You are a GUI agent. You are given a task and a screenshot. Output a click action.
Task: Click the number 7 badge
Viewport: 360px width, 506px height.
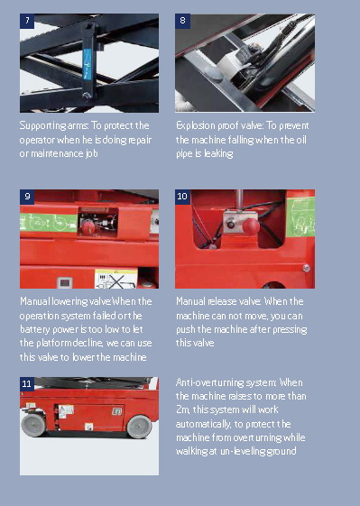click(26, 20)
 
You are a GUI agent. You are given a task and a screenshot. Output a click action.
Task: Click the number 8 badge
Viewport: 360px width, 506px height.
click(182, 20)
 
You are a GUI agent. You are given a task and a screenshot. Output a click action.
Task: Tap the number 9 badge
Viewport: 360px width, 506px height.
click(26, 196)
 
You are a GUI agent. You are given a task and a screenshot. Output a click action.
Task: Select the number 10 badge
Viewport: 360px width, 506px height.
click(182, 196)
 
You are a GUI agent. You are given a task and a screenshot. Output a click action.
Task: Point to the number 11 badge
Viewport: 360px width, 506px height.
click(27, 383)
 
